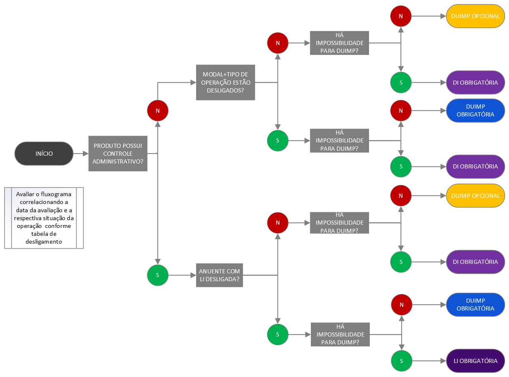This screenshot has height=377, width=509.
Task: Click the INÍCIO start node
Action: [44, 154]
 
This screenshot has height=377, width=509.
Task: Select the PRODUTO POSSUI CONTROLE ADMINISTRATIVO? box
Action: [118, 154]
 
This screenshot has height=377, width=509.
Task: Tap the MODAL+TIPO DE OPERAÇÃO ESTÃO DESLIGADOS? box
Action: [225, 82]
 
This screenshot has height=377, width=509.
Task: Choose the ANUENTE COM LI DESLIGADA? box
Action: [219, 275]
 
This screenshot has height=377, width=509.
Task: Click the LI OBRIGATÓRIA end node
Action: [476, 361]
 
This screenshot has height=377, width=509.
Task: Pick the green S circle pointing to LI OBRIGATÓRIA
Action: [402, 361]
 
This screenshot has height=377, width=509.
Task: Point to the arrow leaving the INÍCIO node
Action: [80, 154]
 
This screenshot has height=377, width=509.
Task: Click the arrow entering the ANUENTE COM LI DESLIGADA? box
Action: [182, 275]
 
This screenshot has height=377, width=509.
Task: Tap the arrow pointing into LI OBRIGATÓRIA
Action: [429, 361]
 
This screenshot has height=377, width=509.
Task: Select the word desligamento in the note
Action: [44, 242]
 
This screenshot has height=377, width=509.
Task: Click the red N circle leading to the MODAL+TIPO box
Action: [158, 111]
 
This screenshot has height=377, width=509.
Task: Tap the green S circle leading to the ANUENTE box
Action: [158, 275]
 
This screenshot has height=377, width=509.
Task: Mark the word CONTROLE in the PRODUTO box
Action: [118, 154]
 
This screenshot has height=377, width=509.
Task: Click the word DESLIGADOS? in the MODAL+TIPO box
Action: [225, 90]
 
